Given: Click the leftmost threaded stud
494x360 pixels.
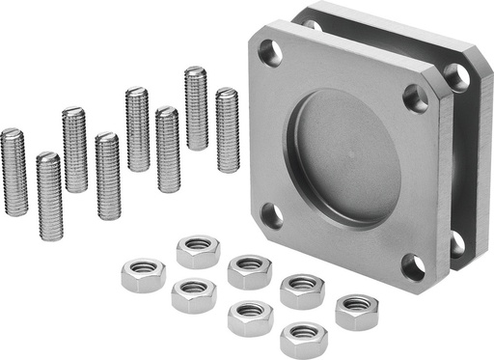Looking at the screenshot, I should click(14, 172).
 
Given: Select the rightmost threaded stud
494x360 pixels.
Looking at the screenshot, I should click(227, 129).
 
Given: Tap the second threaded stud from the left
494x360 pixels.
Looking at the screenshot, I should click(48, 196).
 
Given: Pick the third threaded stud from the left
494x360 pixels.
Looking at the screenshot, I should click(74, 149).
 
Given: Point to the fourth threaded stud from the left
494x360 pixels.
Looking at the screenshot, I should click(108, 176).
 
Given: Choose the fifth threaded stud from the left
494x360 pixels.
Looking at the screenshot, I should click(137, 128).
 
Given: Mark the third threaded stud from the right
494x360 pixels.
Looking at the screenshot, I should click(166, 149).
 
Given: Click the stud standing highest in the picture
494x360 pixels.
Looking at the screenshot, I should click(196, 107).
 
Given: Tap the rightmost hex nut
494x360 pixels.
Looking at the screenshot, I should click(356, 311).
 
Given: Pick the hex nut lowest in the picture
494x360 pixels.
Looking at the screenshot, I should click(303, 339).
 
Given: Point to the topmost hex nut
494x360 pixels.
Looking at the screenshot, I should click(199, 250).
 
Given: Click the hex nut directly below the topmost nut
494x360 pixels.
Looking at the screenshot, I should click(194, 294).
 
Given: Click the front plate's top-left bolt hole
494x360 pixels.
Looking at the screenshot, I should click(271, 54).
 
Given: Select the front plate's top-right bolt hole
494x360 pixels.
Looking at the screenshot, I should click(416, 97).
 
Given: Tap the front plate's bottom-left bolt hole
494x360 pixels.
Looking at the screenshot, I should click(273, 215).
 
